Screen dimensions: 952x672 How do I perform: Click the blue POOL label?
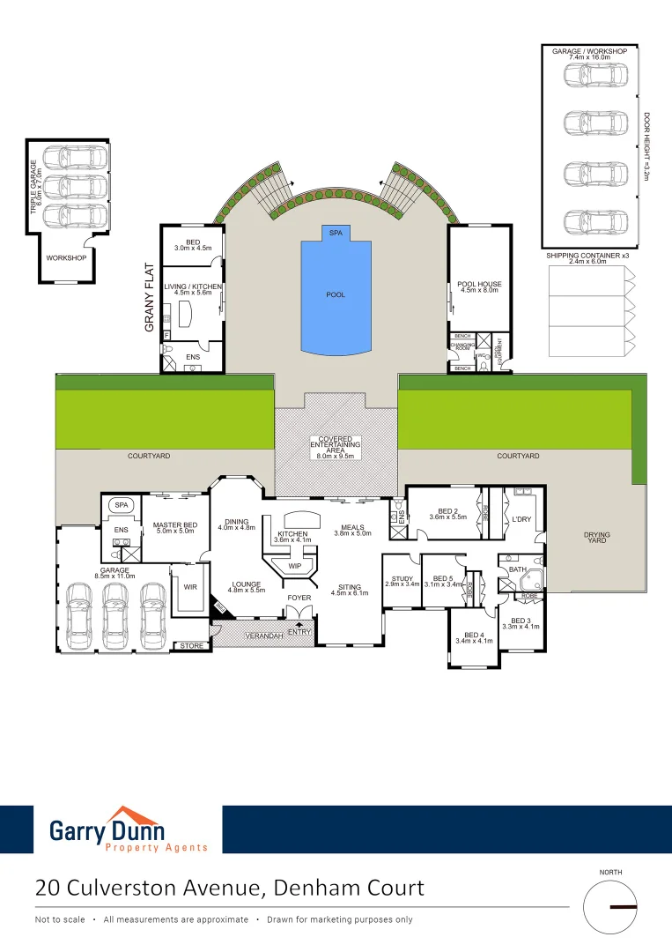336,294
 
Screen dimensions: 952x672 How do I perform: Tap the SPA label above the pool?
336,232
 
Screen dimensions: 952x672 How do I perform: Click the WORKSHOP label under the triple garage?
67,257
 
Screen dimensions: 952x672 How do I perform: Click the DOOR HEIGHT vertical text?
646,146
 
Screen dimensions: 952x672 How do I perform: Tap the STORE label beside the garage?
191,646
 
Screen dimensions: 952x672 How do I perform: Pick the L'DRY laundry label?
522,520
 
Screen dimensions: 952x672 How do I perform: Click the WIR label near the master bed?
189,586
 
